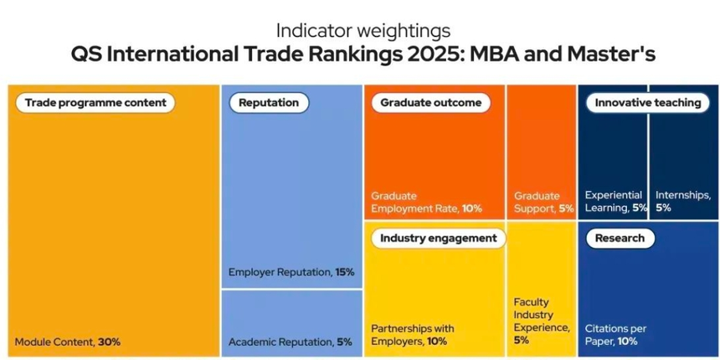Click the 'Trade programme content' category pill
coord(95,103)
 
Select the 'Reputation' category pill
coord(268,103)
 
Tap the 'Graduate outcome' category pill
coord(430,103)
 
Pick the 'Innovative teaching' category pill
coord(647,103)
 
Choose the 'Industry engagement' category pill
coord(438,238)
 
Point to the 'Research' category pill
coord(620,238)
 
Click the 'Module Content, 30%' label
coord(68,342)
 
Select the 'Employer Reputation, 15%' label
coord(291,272)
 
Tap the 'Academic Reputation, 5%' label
coord(290,342)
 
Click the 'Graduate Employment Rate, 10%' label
coord(426,202)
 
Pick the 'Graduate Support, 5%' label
coord(543,202)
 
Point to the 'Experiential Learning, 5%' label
coord(616,202)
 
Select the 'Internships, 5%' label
coord(682,201)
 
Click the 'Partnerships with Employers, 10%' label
coord(413,335)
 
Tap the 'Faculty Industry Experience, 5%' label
coord(542,321)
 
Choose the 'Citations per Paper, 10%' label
coord(615,335)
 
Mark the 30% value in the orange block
coord(109,342)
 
